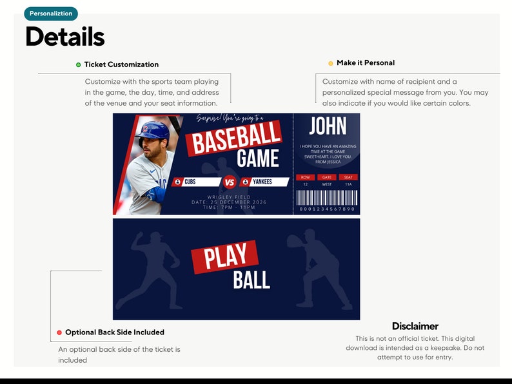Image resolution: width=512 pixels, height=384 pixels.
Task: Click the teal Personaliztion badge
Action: pos(51,14)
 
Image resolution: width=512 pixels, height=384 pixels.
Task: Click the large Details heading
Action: pos(64,37)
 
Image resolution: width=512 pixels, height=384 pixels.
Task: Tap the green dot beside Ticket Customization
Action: pos(79,64)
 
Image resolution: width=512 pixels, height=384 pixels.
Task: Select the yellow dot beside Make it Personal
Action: pos(331,63)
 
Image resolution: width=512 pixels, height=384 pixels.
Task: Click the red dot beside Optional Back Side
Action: pos(59,332)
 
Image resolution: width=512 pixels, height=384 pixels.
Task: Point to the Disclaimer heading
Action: pos(415,326)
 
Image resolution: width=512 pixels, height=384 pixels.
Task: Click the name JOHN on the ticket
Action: pos(328,126)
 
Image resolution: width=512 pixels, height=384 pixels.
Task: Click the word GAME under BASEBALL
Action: pos(257,158)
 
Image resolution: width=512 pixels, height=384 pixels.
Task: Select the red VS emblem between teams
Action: pos(229,182)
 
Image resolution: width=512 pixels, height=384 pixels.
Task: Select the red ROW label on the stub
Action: pos(305,177)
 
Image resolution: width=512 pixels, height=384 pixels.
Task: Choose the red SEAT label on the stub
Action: pos(348,177)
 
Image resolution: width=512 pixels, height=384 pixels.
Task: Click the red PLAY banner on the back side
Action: pos(225,256)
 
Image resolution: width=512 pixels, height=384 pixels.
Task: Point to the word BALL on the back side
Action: pos(251,280)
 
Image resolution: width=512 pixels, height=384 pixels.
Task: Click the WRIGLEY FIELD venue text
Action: pos(229,197)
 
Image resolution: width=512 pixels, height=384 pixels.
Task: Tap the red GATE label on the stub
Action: pos(326,177)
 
